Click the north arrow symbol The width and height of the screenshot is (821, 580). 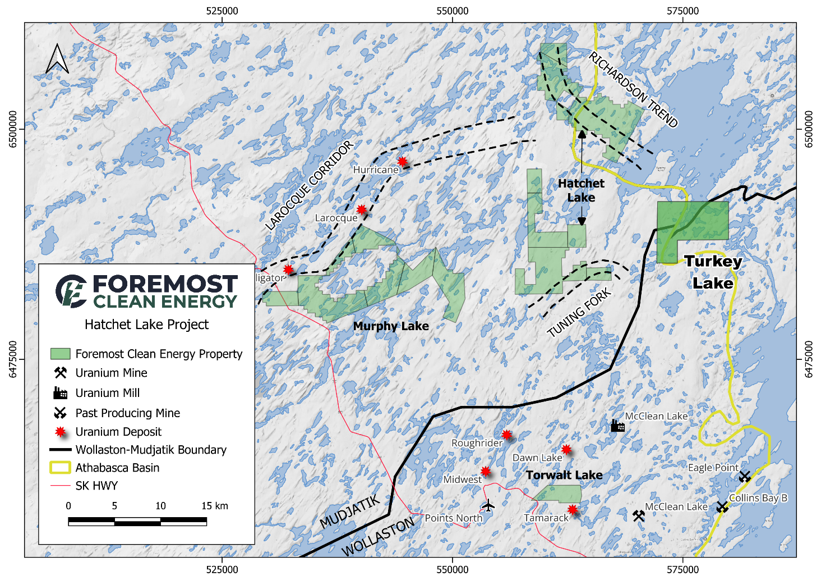point(57,60)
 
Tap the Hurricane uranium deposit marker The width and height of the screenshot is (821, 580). point(403,162)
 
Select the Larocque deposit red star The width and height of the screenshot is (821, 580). point(362,210)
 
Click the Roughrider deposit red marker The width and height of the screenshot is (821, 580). point(507,435)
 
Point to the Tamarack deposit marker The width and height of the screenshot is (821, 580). point(572,510)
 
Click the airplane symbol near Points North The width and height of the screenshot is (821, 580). point(488,505)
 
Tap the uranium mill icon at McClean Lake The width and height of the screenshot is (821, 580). point(617,426)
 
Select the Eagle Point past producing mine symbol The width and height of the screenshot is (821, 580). point(745,477)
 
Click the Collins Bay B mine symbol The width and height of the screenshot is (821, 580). point(722,507)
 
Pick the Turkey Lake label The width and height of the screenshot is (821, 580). point(713,272)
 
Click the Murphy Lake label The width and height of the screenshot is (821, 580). point(391,326)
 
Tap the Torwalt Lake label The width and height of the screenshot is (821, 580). point(564,475)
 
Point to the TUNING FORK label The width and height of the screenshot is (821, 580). point(579,313)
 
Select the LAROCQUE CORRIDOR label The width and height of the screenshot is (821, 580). point(309,185)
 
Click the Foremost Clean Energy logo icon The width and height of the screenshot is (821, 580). point(71,291)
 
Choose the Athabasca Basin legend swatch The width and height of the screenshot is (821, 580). point(61,468)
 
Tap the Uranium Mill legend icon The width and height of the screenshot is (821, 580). point(61,393)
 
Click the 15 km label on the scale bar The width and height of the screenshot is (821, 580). point(215,506)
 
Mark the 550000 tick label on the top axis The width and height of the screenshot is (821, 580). point(452,11)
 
